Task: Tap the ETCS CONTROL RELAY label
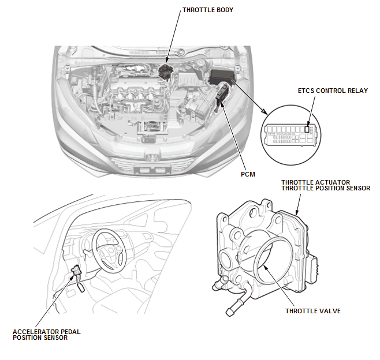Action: click(333, 91)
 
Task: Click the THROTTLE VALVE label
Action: click(312, 311)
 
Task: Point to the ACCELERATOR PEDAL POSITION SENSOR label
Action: click(46, 335)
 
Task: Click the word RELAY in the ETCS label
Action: click(357, 91)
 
